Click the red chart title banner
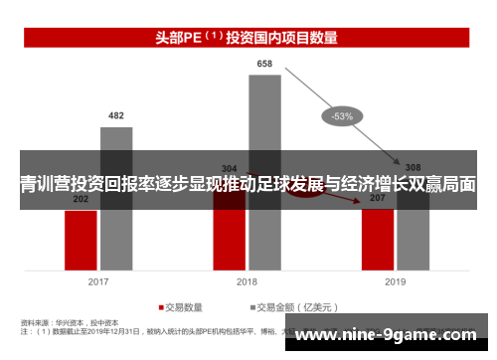(x=248, y=39)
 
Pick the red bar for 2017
(x=81, y=239)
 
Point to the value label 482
(x=116, y=116)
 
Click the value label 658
(x=264, y=64)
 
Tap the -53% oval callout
(x=342, y=116)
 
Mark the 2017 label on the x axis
(x=98, y=281)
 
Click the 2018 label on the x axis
(x=248, y=281)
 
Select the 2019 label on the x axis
(x=396, y=281)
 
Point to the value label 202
(x=81, y=200)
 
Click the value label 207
(x=378, y=199)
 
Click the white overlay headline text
(x=248, y=185)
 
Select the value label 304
(x=230, y=167)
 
